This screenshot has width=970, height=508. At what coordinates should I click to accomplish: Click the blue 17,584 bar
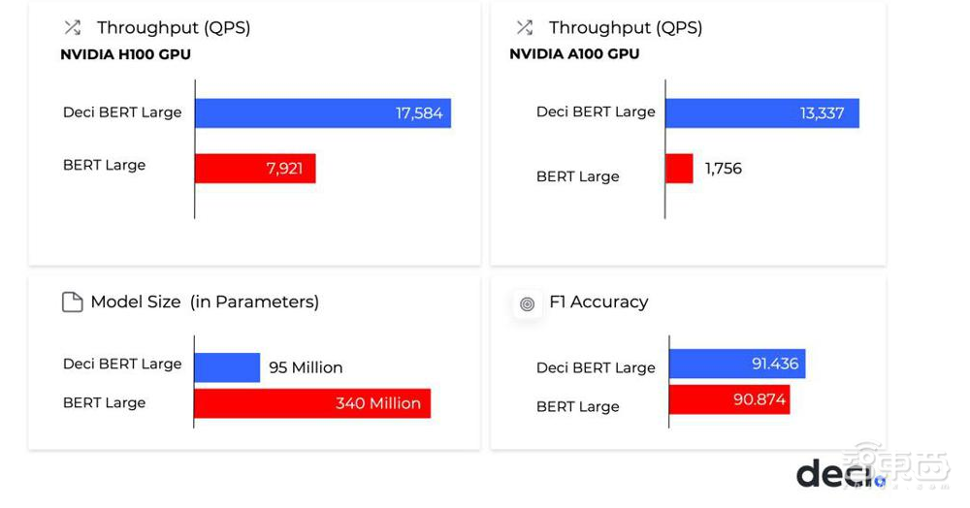(x=322, y=112)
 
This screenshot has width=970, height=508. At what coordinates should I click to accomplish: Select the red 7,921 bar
(x=255, y=168)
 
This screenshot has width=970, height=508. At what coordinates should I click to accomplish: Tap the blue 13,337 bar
(x=761, y=112)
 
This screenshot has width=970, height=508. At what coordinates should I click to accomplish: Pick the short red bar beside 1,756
(x=679, y=169)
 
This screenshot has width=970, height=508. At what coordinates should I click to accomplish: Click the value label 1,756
(x=724, y=169)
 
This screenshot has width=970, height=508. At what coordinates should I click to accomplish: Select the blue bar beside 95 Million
(x=227, y=367)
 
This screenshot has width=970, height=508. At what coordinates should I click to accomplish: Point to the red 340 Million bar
(x=311, y=403)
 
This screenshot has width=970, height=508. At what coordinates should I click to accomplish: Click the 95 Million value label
(x=306, y=367)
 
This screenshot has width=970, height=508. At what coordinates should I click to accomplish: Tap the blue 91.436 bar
(x=736, y=364)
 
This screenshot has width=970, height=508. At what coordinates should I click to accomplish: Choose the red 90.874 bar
(x=728, y=398)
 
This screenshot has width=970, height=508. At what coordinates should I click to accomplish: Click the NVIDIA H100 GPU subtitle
(x=125, y=54)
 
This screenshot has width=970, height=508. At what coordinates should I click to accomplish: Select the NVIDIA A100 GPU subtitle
(x=574, y=54)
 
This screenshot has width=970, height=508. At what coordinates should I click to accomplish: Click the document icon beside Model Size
(x=73, y=302)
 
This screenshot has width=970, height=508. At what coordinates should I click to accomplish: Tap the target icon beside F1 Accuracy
(x=527, y=303)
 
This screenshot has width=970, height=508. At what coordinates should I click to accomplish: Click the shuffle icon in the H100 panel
(x=72, y=27)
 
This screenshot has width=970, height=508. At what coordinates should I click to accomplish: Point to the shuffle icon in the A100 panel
(x=525, y=27)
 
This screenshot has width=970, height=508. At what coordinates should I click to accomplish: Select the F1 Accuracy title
(x=598, y=302)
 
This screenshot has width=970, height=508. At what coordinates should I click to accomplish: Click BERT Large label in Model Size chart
(x=104, y=402)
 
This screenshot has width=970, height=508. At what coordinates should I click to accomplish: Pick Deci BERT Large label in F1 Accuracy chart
(x=596, y=367)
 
